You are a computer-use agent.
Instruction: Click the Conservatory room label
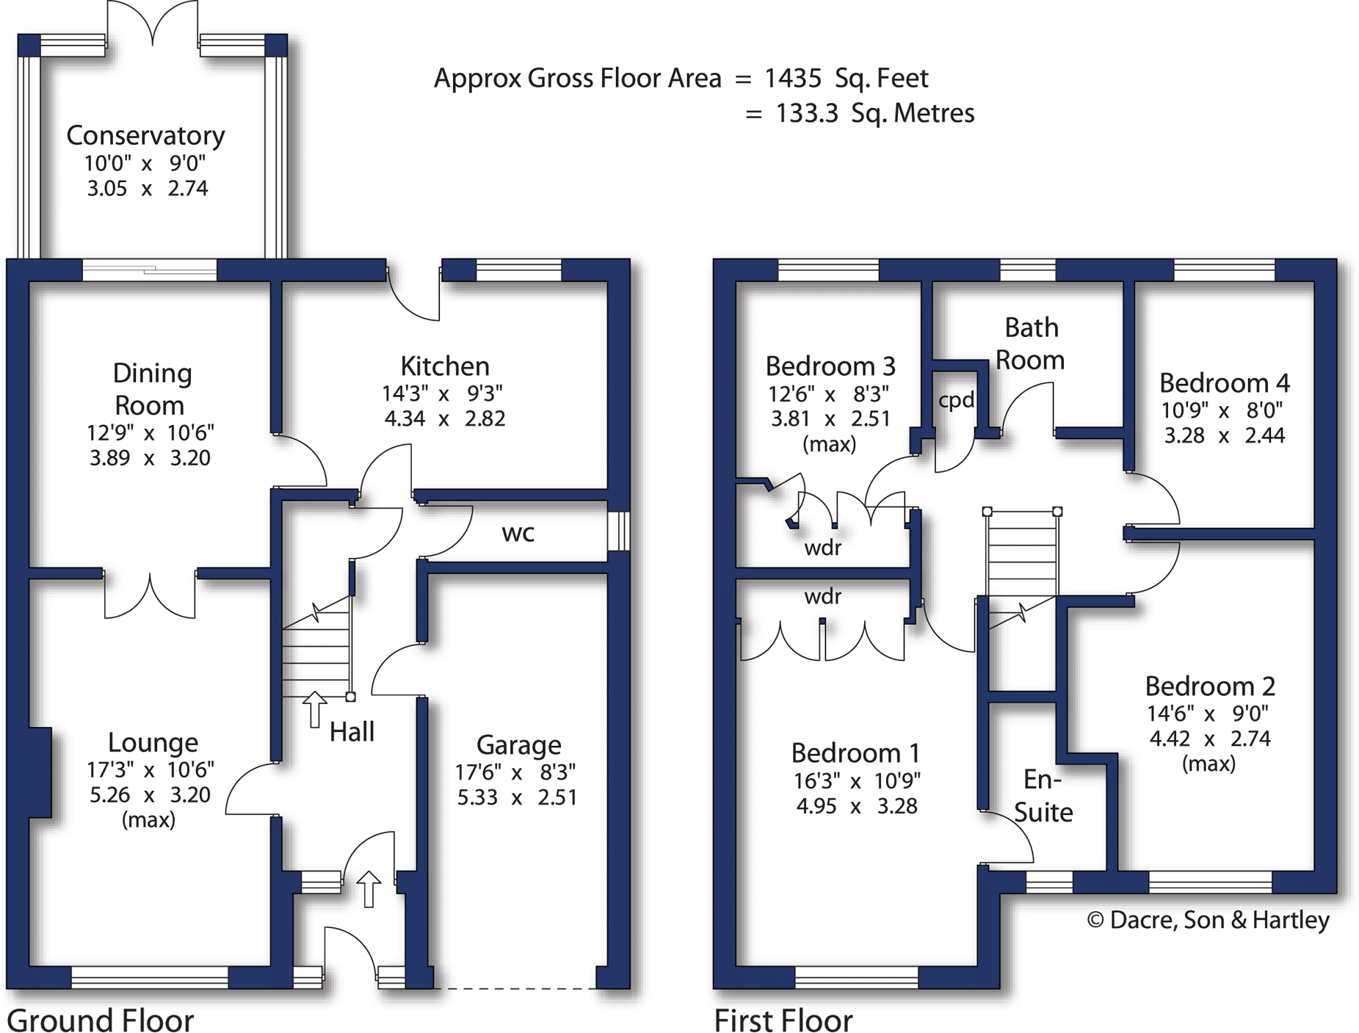[145, 136]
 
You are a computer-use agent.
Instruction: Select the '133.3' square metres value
[806, 113]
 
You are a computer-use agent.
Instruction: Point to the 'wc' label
[518, 533]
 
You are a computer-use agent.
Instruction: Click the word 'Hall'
[352, 732]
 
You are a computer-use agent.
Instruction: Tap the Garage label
[518, 745]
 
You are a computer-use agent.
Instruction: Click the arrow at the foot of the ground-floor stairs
[315, 708]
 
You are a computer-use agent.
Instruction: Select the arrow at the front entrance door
[369, 888]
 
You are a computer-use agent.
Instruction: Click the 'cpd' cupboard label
[956, 400]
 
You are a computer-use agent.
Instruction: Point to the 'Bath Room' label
[1031, 344]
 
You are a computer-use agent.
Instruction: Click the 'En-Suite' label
[1043, 796]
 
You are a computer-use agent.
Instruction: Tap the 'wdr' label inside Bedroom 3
[822, 548]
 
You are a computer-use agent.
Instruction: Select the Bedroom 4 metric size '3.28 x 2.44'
[1224, 435]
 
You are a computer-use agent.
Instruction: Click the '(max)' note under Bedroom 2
[1208, 764]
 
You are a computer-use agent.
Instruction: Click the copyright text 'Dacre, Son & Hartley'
[1219, 920]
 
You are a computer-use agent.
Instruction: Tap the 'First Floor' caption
[783, 1020]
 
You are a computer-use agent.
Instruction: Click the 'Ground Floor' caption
[100, 1020]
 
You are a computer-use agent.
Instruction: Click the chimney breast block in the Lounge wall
[40, 772]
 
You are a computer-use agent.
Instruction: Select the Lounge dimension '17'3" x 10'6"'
[151, 769]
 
